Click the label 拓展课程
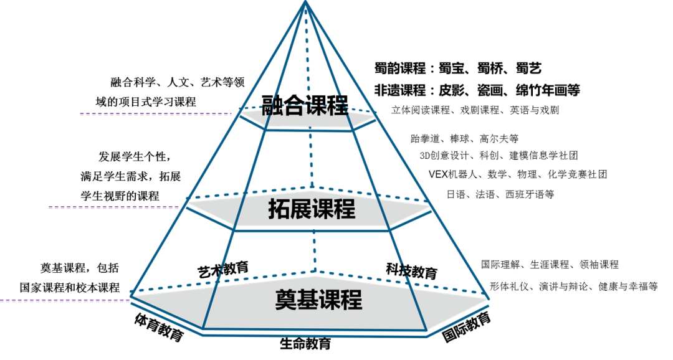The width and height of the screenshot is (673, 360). point(312,209)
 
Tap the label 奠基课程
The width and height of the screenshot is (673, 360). point(318,300)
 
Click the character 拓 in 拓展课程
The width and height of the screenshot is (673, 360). point(279,209)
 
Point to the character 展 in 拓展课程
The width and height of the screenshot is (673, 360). point(301,209)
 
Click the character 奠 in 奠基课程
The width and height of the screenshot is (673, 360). point(285,300)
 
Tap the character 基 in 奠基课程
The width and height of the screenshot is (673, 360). point(308,300)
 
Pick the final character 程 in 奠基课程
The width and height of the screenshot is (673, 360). point(351,300)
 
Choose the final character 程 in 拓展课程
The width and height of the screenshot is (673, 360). point(345,209)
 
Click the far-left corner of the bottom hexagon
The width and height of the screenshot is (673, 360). point(131,293)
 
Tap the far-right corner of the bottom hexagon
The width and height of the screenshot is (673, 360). point(489,298)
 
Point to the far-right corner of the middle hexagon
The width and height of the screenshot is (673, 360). point(431,206)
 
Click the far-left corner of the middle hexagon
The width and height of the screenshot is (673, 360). point(186,201)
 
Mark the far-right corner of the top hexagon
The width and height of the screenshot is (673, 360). point(376,114)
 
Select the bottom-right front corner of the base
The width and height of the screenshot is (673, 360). point(427,331)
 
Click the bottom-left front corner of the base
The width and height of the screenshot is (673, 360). point(204,328)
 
